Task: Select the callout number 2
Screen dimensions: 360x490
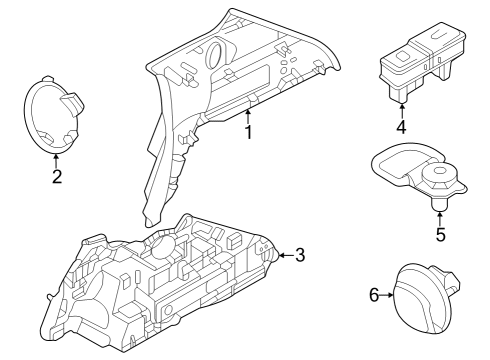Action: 56,177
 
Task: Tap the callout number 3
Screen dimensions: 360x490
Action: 300,255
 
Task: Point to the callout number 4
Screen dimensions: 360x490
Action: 401,127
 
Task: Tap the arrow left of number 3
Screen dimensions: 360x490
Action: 283,255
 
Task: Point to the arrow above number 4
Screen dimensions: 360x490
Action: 401,110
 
